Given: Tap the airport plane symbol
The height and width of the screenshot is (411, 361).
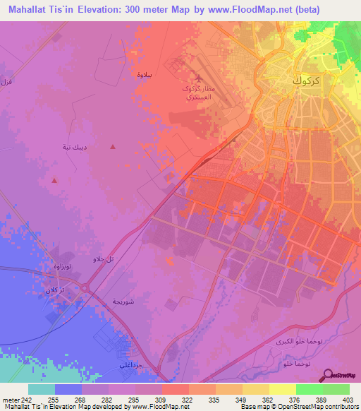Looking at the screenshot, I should pyautogui.click(x=198, y=79).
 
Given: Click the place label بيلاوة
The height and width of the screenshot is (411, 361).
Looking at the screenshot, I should pyautogui.click(x=143, y=73).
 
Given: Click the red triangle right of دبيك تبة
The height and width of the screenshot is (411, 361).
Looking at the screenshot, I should pyautogui.click(x=114, y=147).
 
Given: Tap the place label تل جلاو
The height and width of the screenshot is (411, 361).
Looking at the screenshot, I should pyautogui.click(x=103, y=259).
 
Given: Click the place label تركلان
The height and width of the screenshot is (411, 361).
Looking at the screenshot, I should pyautogui.click(x=56, y=290).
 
